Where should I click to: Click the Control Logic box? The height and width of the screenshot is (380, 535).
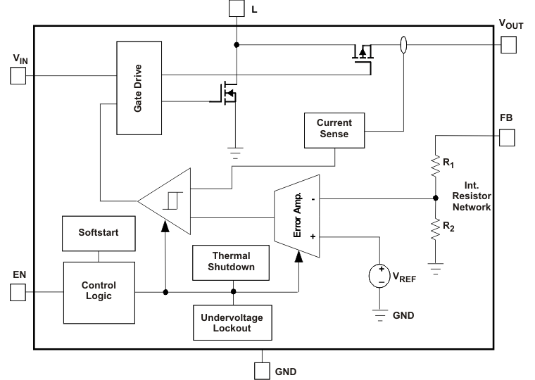pyautogui.click(x=99, y=291)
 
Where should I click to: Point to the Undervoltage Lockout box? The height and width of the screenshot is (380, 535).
pyautogui.click(x=232, y=322)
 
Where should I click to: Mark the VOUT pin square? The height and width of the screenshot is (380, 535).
pyautogui.click(x=508, y=45)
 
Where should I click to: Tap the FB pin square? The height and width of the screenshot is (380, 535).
pyautogui.click(x=507, y=138)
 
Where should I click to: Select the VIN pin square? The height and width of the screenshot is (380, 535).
pyautogui.click(x=18, y=76)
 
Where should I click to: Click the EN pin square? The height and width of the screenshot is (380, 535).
pyautogui.click(x=18, y=291)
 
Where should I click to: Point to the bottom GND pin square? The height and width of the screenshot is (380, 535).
pyautogui.click(x=263, y=369)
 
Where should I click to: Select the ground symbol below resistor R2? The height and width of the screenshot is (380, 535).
pyautogui.click(x=436, y=268)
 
